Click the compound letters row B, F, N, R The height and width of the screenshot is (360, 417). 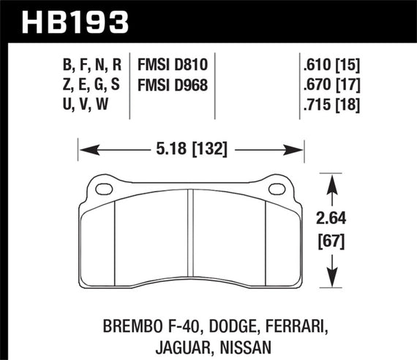(90, 64)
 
